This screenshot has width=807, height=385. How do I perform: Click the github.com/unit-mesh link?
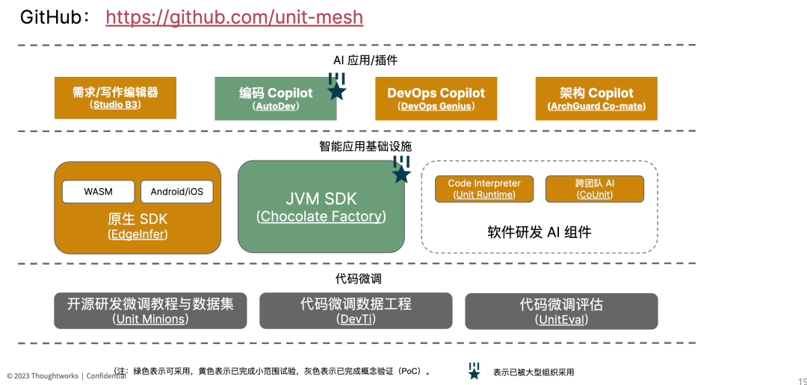coord(234,17)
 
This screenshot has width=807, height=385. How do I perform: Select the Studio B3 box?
coord(115,98)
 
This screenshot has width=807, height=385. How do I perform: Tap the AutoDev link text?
coord(276,107)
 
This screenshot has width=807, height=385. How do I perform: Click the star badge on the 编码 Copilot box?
coord(336,87)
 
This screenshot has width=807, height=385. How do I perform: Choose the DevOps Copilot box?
coord(436,98)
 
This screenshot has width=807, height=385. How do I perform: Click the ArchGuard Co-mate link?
coord(596,107)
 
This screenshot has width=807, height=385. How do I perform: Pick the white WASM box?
coord(99,192)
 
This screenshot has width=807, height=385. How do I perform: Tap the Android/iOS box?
coord(177,192)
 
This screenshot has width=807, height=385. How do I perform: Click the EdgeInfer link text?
coord(138,234)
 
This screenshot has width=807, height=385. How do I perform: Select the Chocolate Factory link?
coord(321,216)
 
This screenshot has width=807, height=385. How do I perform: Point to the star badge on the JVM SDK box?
coord(401,169)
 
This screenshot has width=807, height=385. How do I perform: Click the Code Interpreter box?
coord(484,189)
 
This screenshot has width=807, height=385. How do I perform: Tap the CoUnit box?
coord(595,189)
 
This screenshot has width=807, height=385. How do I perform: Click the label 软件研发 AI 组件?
coord(539,232)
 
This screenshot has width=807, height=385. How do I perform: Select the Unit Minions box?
coord(150,311)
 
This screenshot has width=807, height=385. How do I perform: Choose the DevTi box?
coord(356,311)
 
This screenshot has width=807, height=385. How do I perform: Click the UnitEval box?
coord(561,311)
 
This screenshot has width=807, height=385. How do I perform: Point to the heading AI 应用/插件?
coord(365,60)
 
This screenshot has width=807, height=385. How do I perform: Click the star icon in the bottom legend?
coord(474,371)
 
